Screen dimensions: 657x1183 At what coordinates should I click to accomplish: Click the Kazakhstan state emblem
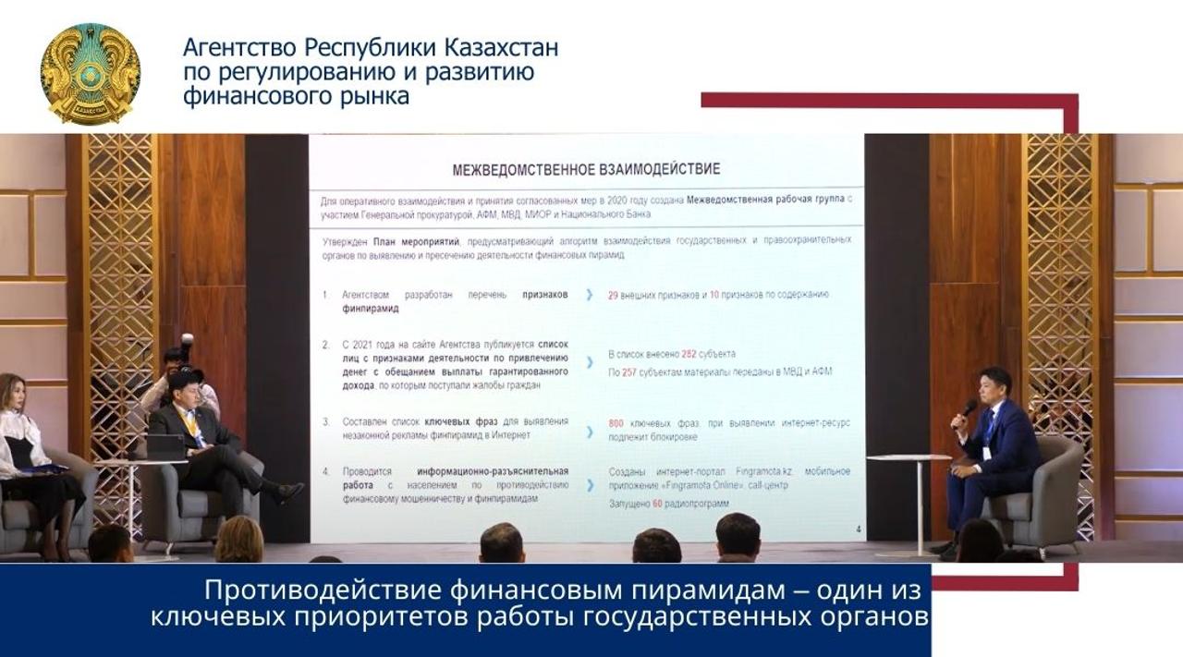click(x=90, y=73)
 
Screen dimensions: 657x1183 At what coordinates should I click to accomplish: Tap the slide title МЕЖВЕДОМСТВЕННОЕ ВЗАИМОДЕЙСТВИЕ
click(x=586, y=170)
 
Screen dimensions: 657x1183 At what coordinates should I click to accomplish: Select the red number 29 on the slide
click(x=613, y=295)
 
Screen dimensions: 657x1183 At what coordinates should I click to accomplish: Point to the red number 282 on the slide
click(x=689, y=354)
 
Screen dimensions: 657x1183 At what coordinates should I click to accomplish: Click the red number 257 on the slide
click(x=629, y=371)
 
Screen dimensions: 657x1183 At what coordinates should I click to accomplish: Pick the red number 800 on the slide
click(x=616, y=423)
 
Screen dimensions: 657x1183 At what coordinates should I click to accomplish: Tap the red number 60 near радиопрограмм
click(x=658, y=505)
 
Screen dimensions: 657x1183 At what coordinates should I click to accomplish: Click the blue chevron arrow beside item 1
click(x=589, y=295)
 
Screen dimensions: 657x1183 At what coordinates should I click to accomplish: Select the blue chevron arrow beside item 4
click(x=589, y=484)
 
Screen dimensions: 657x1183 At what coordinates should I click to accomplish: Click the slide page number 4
click(x=859, y=529)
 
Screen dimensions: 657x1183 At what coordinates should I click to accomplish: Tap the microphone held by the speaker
click(x=967, y=408)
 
